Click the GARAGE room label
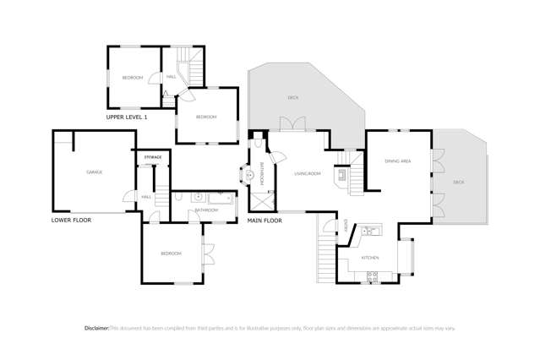[94, 172]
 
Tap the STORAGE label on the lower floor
[152, 157]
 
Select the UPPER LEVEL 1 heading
[127, 117]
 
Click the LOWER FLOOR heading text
[71, 220]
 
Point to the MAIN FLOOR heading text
[265, 221]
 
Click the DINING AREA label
[397, 161]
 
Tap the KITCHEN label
[370, 257]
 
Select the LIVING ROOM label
[307, 174]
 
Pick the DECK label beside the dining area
[458, 182]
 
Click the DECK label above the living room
[292, 98]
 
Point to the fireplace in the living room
[342, 175]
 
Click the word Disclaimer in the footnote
[96, 328]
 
